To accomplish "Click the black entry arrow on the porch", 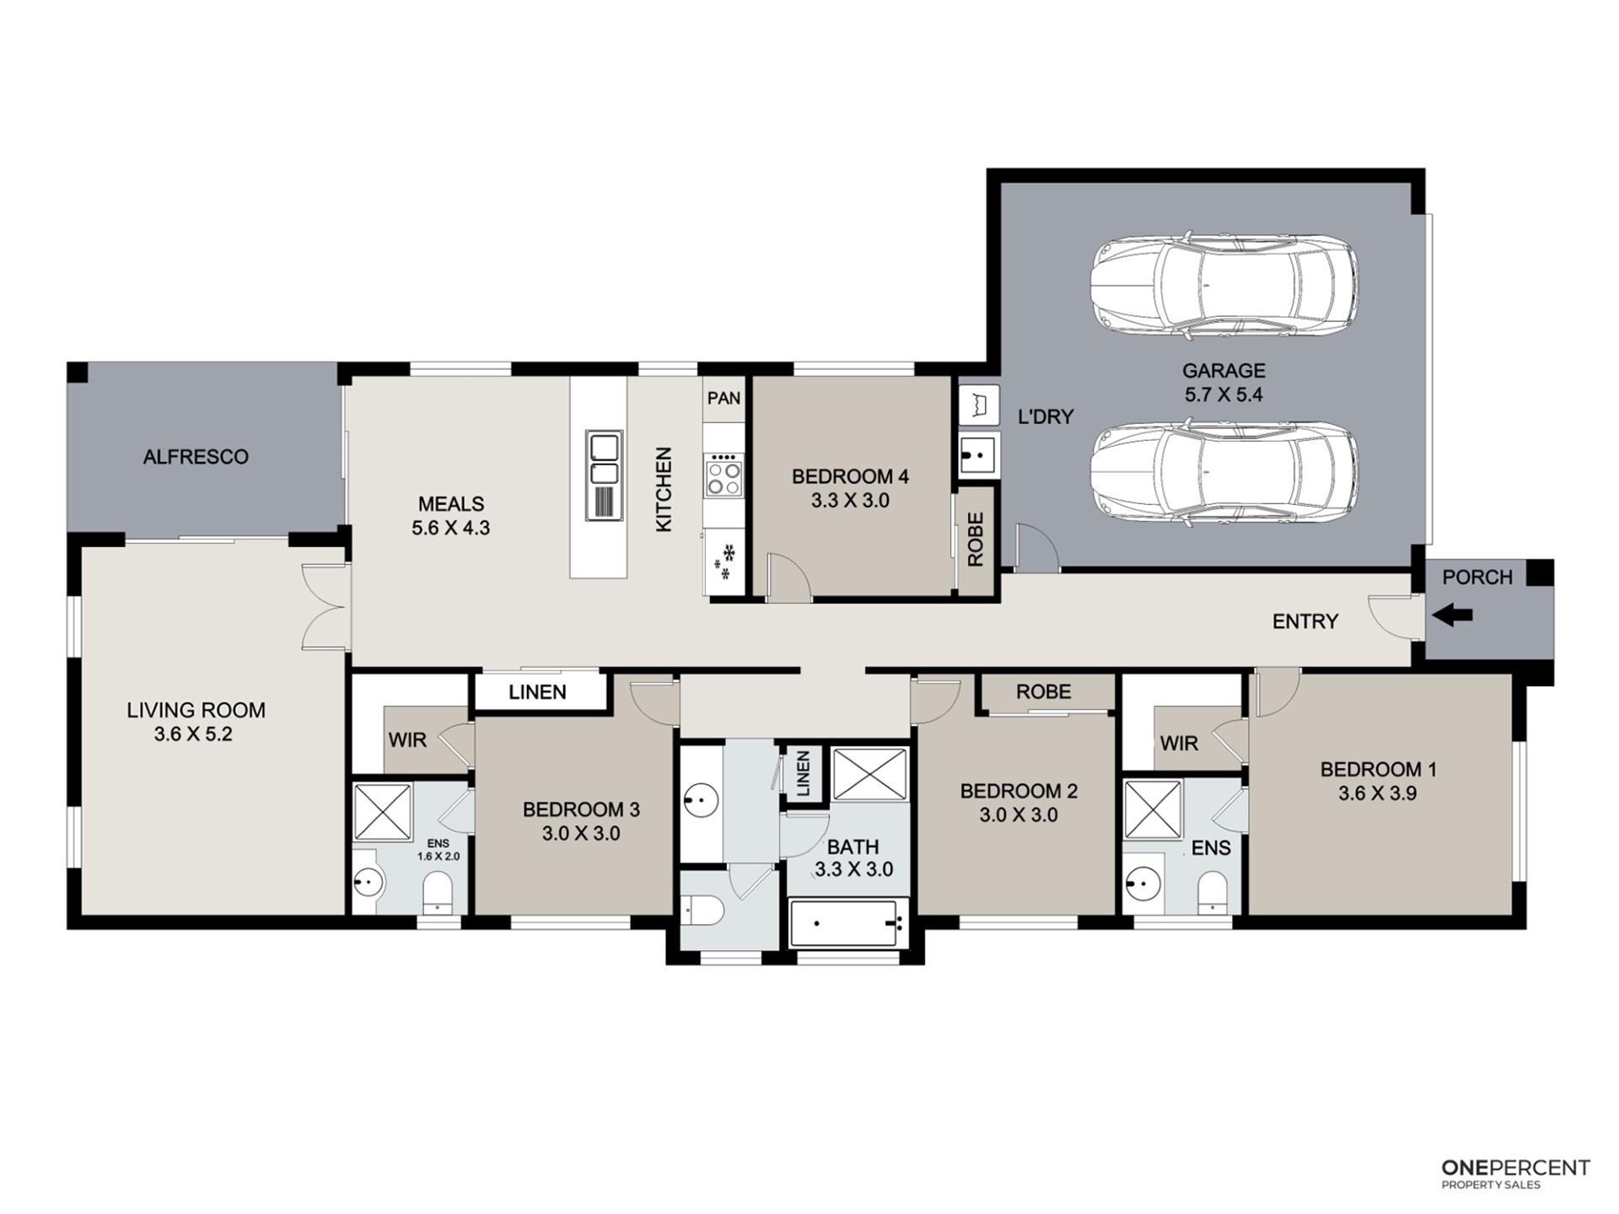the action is tap(1452, 615).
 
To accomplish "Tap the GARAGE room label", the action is tap(1224, 370).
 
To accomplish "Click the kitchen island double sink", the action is tap(605, 475).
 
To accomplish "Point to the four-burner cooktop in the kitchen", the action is tap(724, 475).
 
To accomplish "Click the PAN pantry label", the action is tap(723, 398).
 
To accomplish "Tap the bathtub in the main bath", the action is tap(847, 923).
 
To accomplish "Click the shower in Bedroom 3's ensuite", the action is tap(382, 813).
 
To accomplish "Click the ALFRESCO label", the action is tap(196, 457).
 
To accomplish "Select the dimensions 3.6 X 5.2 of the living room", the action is tap(193, 733).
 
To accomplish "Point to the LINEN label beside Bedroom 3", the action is tap(537, 692).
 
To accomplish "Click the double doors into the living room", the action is tap(325, 606).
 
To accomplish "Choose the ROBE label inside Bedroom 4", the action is tap(976, 540).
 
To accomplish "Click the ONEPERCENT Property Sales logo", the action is tap(1515, 1173).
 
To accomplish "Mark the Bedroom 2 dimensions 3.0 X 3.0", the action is tap(1019, 815).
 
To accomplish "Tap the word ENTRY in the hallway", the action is tap(1305, 621).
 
